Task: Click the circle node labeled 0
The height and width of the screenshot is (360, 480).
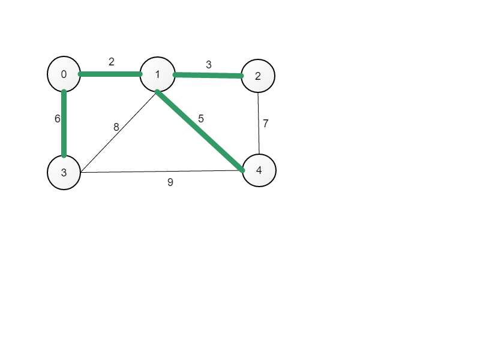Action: click(x=64, y=74)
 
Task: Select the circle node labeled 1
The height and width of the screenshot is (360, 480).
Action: click(x=157, y=74)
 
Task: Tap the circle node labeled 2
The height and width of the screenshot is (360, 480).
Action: click(x=258, y=76)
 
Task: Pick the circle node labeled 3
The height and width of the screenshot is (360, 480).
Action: click(x=64, y=172)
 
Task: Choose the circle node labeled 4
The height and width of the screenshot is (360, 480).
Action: click(x=259, y=170)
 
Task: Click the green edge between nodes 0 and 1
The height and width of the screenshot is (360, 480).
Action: click(x=110, y=74)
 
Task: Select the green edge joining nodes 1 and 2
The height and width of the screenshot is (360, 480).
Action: click(x=208, y=76)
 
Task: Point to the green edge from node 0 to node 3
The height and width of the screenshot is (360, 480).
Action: click(x=64, y=124)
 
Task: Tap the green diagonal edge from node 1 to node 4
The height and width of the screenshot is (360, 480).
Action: click(x=200, y=131)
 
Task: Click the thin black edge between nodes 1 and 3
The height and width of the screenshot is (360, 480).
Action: click(x=118, y=133)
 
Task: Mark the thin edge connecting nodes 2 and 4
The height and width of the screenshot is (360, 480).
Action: click(x=259, y=124)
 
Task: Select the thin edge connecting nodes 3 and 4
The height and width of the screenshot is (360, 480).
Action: click(x=161, y=172)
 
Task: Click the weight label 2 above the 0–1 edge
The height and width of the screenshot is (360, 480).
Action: click(x=112, y=62)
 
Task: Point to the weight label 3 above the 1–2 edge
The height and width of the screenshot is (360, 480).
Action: click(x=208, y=65)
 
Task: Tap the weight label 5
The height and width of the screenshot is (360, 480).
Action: click(x=201, y=118)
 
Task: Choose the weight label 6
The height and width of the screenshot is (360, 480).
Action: click(x=57, y=119)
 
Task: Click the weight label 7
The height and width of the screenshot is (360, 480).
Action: click(x=265, y=124)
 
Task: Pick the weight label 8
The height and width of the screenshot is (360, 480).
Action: click(x=116, y=127)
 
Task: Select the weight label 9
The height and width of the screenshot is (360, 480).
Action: click(x=170, y=182)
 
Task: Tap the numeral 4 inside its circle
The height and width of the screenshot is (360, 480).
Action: click(x=259, y=170)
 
